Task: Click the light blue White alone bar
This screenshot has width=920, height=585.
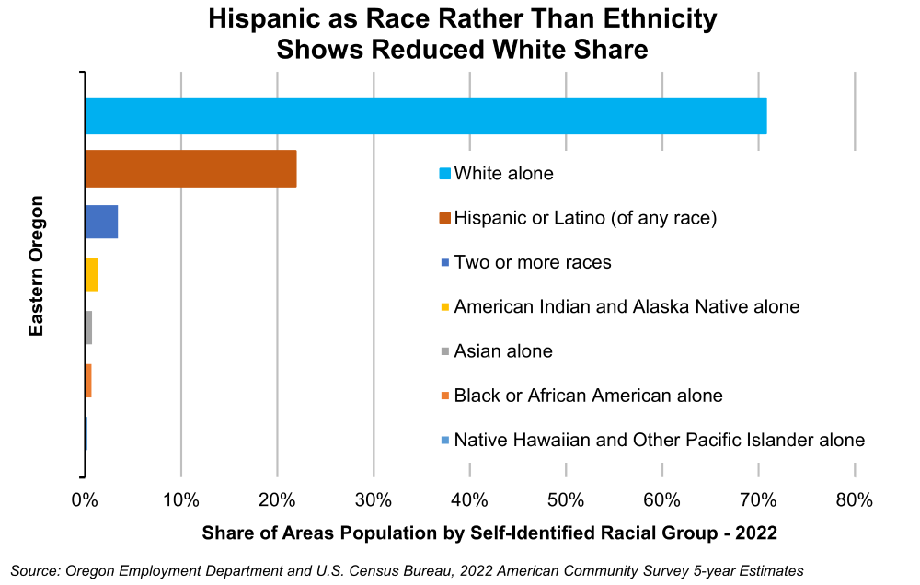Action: (x=425, y=115)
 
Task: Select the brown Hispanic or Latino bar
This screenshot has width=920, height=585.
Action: (x=190, y=168)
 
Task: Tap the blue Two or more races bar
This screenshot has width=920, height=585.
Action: (x=101, y=222)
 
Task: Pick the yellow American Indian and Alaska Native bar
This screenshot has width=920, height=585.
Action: (x=91, y=275)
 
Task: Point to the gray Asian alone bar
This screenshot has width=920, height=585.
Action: (x=88, y=327)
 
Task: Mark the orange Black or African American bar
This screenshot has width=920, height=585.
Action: (x=88, y=381)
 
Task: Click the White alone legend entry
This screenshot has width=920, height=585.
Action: (x=503, y=173)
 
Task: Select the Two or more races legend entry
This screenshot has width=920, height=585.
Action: (x=533, y=262)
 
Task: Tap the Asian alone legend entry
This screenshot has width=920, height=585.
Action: (x=503, y=351)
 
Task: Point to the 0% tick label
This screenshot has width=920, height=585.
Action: (x=85, y=500)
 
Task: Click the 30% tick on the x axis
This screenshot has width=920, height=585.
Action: (x=374, y=500)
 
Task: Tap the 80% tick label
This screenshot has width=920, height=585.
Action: (x=854, y=500)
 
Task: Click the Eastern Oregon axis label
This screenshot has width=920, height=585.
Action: (x=36, y=266)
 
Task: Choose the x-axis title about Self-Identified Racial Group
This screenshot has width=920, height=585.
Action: (x=489, y=533)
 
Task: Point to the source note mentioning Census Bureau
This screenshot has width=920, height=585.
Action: (x=408, y=571)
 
